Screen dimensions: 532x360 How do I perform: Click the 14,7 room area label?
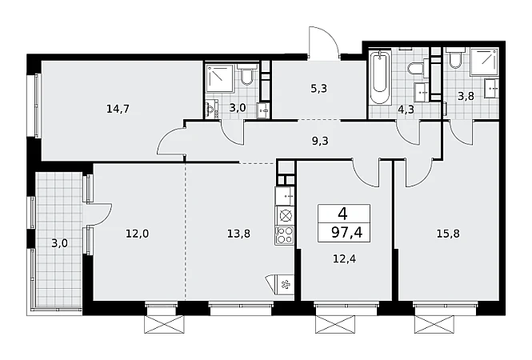pos(118,109)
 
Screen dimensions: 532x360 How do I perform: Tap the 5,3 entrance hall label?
pos(319,89)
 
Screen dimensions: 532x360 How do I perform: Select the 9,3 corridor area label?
pos(320,141)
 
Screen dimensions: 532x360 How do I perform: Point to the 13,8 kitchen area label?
pos(239,234)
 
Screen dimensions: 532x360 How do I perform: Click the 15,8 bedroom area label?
pos(448,234)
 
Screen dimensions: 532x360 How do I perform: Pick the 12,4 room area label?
pos(344,259)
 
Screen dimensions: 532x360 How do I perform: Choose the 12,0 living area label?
pos(138,234)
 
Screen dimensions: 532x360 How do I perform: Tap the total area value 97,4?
pos(347,233)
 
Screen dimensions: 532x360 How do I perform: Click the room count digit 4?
pos(343,214)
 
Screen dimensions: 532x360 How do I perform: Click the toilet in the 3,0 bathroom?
pos(246,75)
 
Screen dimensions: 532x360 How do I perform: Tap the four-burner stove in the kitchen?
pos(285,235)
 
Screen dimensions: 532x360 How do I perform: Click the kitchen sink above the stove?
pos(285,196)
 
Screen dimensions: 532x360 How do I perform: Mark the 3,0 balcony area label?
pos(59,243)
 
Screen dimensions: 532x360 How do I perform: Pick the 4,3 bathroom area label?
pos(406,110)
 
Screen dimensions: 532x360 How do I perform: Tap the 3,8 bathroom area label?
pos(466,96)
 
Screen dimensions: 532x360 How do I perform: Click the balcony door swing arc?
pos(104,214)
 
